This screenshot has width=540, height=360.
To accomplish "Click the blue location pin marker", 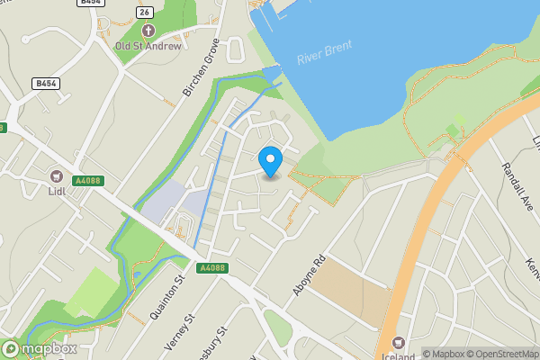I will tap(270, 161).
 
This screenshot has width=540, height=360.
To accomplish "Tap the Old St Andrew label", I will tap(148, 45).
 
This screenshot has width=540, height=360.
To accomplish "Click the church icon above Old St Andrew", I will tap(148, 31).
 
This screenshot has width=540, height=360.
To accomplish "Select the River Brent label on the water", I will tap(325, 53).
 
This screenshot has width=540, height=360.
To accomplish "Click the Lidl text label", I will tap(57, 191).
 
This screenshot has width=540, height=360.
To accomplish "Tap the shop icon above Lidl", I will tap(57, 176).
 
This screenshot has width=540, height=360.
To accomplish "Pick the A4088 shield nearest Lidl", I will tap(88, 181).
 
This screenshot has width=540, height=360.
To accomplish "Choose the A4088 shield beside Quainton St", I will tap(212, 268).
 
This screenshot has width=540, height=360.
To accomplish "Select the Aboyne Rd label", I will tap(307, 278).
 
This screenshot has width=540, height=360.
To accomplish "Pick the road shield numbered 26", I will tap(143, 11).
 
